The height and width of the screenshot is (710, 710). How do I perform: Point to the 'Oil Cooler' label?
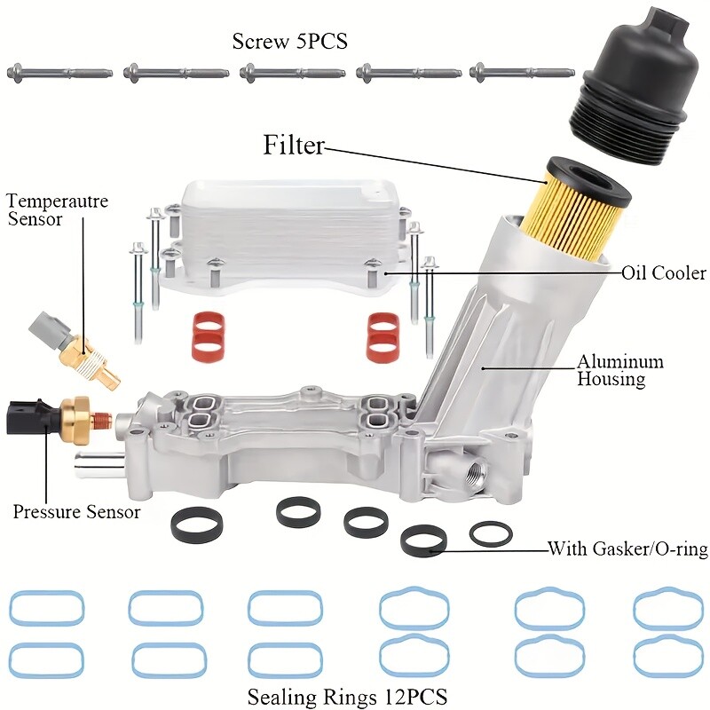click(664, 272)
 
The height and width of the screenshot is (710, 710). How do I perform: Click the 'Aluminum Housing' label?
click(620, 370)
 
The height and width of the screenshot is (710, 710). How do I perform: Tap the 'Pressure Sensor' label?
click(76, 512)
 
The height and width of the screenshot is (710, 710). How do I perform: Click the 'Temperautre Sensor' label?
click(56, 210)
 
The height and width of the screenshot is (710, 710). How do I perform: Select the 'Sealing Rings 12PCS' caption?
click(347, 694)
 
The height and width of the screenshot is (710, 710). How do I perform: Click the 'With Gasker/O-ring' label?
click(627, 549)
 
